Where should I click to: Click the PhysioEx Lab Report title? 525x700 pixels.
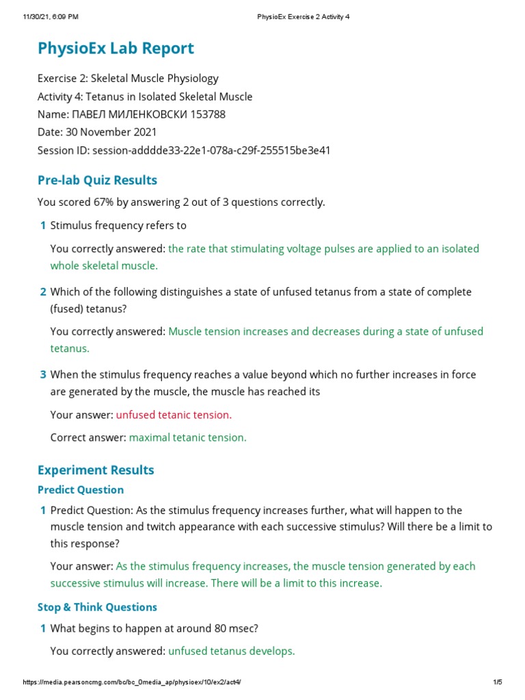pyautogui.click(x=116, y=49)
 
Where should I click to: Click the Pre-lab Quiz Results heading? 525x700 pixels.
pyautogui.click(x=97, y=180)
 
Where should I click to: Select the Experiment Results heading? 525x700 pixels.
pyautogui.click(x=96, y=470)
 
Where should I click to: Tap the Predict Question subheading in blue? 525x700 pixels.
pyautogui.click(x=81, y=490)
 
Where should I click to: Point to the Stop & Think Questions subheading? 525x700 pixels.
pyautogui.click(x=97, y=607)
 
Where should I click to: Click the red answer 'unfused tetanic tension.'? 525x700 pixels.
pyautogui.click(x=174, y=415)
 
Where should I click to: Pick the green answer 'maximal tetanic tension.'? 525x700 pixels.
pyautogui.click(x=188, y=437)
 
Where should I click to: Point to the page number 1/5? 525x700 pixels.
pyautogui.click(x=498, y=683)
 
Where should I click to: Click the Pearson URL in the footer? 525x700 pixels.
pyautogui.click(x=132, y=683)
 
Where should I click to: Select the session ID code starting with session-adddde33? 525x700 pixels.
pyautogui.click(x=211, y=150)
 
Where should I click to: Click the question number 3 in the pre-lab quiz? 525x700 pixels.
pyautogui.click(x=43, y=375)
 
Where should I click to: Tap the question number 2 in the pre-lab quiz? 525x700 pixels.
pyautogui.click(x=43, y=292)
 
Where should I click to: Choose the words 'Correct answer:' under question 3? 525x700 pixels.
pyautogui.click(x=88, y=437)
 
